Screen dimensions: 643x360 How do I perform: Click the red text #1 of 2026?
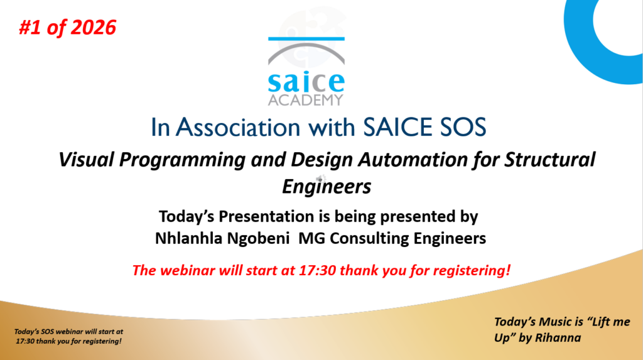tap(68, 28)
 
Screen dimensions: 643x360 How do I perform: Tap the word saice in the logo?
tap(306, 82)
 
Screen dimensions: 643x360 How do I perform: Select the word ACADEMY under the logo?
tap(306, 100)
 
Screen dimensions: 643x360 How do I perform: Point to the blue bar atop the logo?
tap(306, 39)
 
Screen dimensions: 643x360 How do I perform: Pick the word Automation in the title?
tap(413, 160)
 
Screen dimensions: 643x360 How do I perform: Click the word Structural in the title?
tap(549, 160)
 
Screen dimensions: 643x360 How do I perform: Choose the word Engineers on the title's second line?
tap(327, 187)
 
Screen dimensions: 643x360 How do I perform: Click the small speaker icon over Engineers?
tap(321, 178)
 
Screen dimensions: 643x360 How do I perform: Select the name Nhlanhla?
tap(188, 238)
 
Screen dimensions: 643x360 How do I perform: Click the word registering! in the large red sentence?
tap(472, 271)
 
